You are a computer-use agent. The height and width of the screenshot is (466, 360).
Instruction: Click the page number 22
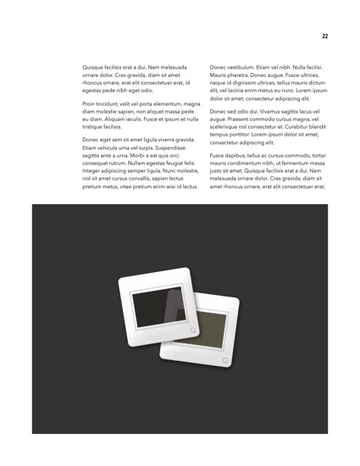tap(324, 36)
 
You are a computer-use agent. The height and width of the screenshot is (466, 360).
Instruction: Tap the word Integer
tap(93, 179)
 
